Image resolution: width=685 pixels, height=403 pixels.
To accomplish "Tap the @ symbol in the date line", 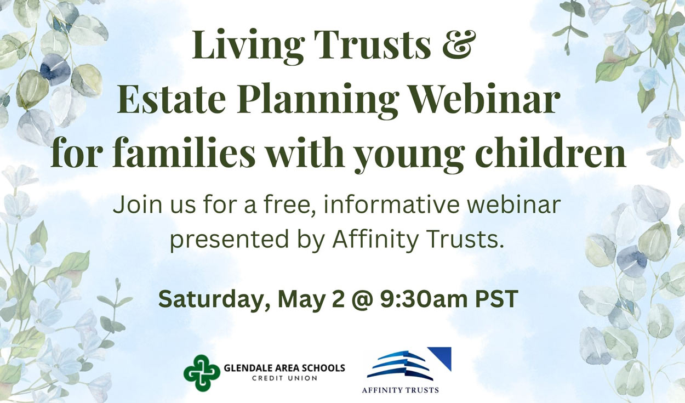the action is pos(362,299).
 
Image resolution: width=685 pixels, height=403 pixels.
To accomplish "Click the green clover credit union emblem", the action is pos(202,373).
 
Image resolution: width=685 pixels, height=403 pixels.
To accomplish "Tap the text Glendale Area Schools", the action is pos(284,367).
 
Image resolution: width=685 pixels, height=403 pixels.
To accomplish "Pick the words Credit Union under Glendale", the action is pos(284,378).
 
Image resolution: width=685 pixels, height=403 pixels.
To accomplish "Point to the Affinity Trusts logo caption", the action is pos(400,390).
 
